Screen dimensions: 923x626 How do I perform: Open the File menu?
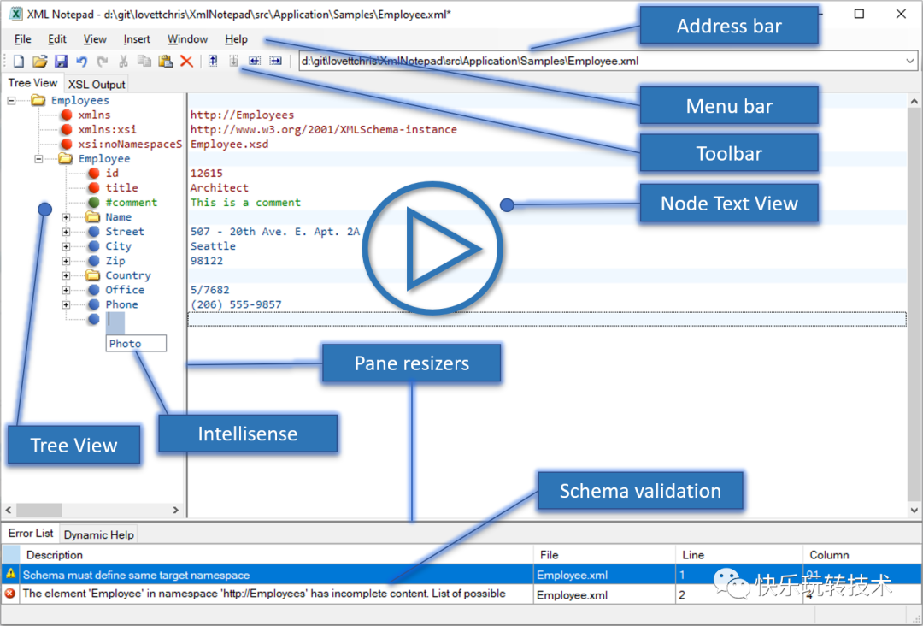[22, 39]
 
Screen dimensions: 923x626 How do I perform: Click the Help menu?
[236, 39]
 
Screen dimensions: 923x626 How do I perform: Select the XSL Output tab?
[97, 84]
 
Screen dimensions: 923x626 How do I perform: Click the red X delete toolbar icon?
[186, 61]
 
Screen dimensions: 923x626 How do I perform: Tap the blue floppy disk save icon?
[61, 61]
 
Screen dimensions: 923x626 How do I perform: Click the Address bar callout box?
[729, 26]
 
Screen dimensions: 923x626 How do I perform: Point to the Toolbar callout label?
[729, 153]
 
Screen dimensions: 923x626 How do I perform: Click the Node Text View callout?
[729, 204]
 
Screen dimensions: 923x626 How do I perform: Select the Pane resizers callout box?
[411, 363]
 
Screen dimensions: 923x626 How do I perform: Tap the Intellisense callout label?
[248, 434]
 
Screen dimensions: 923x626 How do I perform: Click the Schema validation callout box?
[640, 491]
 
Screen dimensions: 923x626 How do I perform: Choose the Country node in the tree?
[127, 275]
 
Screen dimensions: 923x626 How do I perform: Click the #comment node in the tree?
[131, 202]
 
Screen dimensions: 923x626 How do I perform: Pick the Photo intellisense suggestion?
[136, 343]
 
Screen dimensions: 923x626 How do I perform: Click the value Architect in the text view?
[219, 188]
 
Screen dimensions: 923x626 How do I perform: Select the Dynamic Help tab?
[98, 534]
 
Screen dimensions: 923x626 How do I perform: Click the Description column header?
[54, 555]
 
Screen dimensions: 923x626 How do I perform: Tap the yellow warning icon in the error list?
[10, 574]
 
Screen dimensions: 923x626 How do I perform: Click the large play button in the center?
[432, 248]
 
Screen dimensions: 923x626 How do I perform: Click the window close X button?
[901, 14]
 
